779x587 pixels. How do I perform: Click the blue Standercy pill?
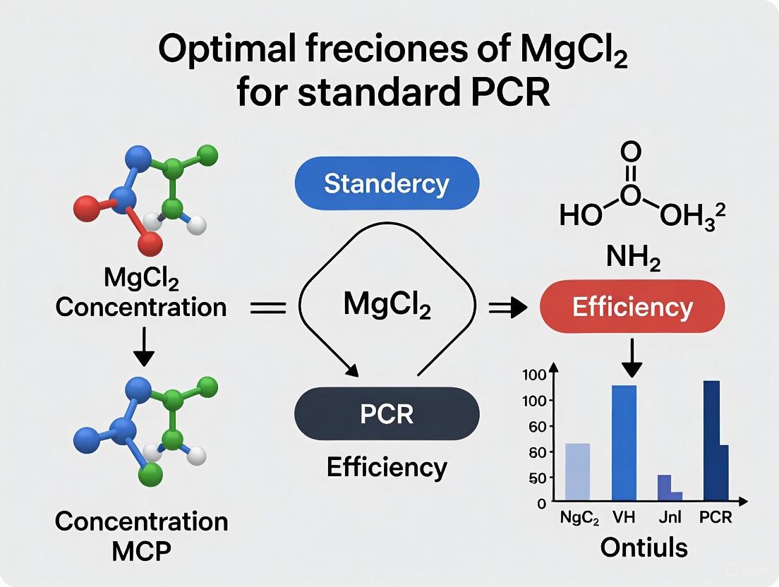(386, 183)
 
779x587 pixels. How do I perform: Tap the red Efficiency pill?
(632, 308)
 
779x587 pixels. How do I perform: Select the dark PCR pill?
(386, 413)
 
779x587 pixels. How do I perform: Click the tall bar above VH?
(624, 442)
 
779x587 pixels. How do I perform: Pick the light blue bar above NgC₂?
(578, 472)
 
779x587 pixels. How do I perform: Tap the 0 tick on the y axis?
(542, 504)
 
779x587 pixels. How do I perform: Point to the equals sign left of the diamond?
(268, 308)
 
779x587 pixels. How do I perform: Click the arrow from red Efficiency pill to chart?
(633, 358)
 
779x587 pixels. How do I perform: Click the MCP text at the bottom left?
(142, 552)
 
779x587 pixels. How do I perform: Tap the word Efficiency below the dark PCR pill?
(387, 467)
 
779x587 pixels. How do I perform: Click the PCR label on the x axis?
(715, 519)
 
